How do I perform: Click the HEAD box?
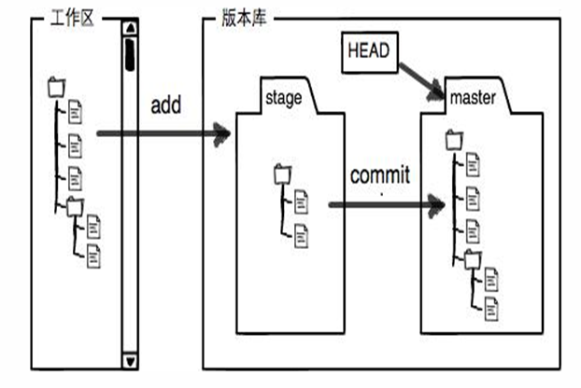point(369,52)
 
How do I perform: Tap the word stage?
point(283,98)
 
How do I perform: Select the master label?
point(473,98)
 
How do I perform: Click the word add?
point(166,104)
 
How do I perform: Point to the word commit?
point(380,175)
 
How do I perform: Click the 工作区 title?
point(72,18)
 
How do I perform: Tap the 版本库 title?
point(244,18)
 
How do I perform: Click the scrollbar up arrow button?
point(130,28)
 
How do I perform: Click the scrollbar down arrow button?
point(130,361)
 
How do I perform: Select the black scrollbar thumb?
point(130,54)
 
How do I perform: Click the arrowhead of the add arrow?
point(222,134)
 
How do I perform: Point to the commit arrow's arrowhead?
point(436,205)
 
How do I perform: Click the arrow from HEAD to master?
point(421,81)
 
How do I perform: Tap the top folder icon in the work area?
point(57,88)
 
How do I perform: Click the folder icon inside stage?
point(283,173)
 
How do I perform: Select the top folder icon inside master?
point(454,140)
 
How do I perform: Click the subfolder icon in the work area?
point(75,207)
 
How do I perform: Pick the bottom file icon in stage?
point(301,236)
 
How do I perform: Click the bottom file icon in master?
point(491,309)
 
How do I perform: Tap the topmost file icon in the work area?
point(75,112)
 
